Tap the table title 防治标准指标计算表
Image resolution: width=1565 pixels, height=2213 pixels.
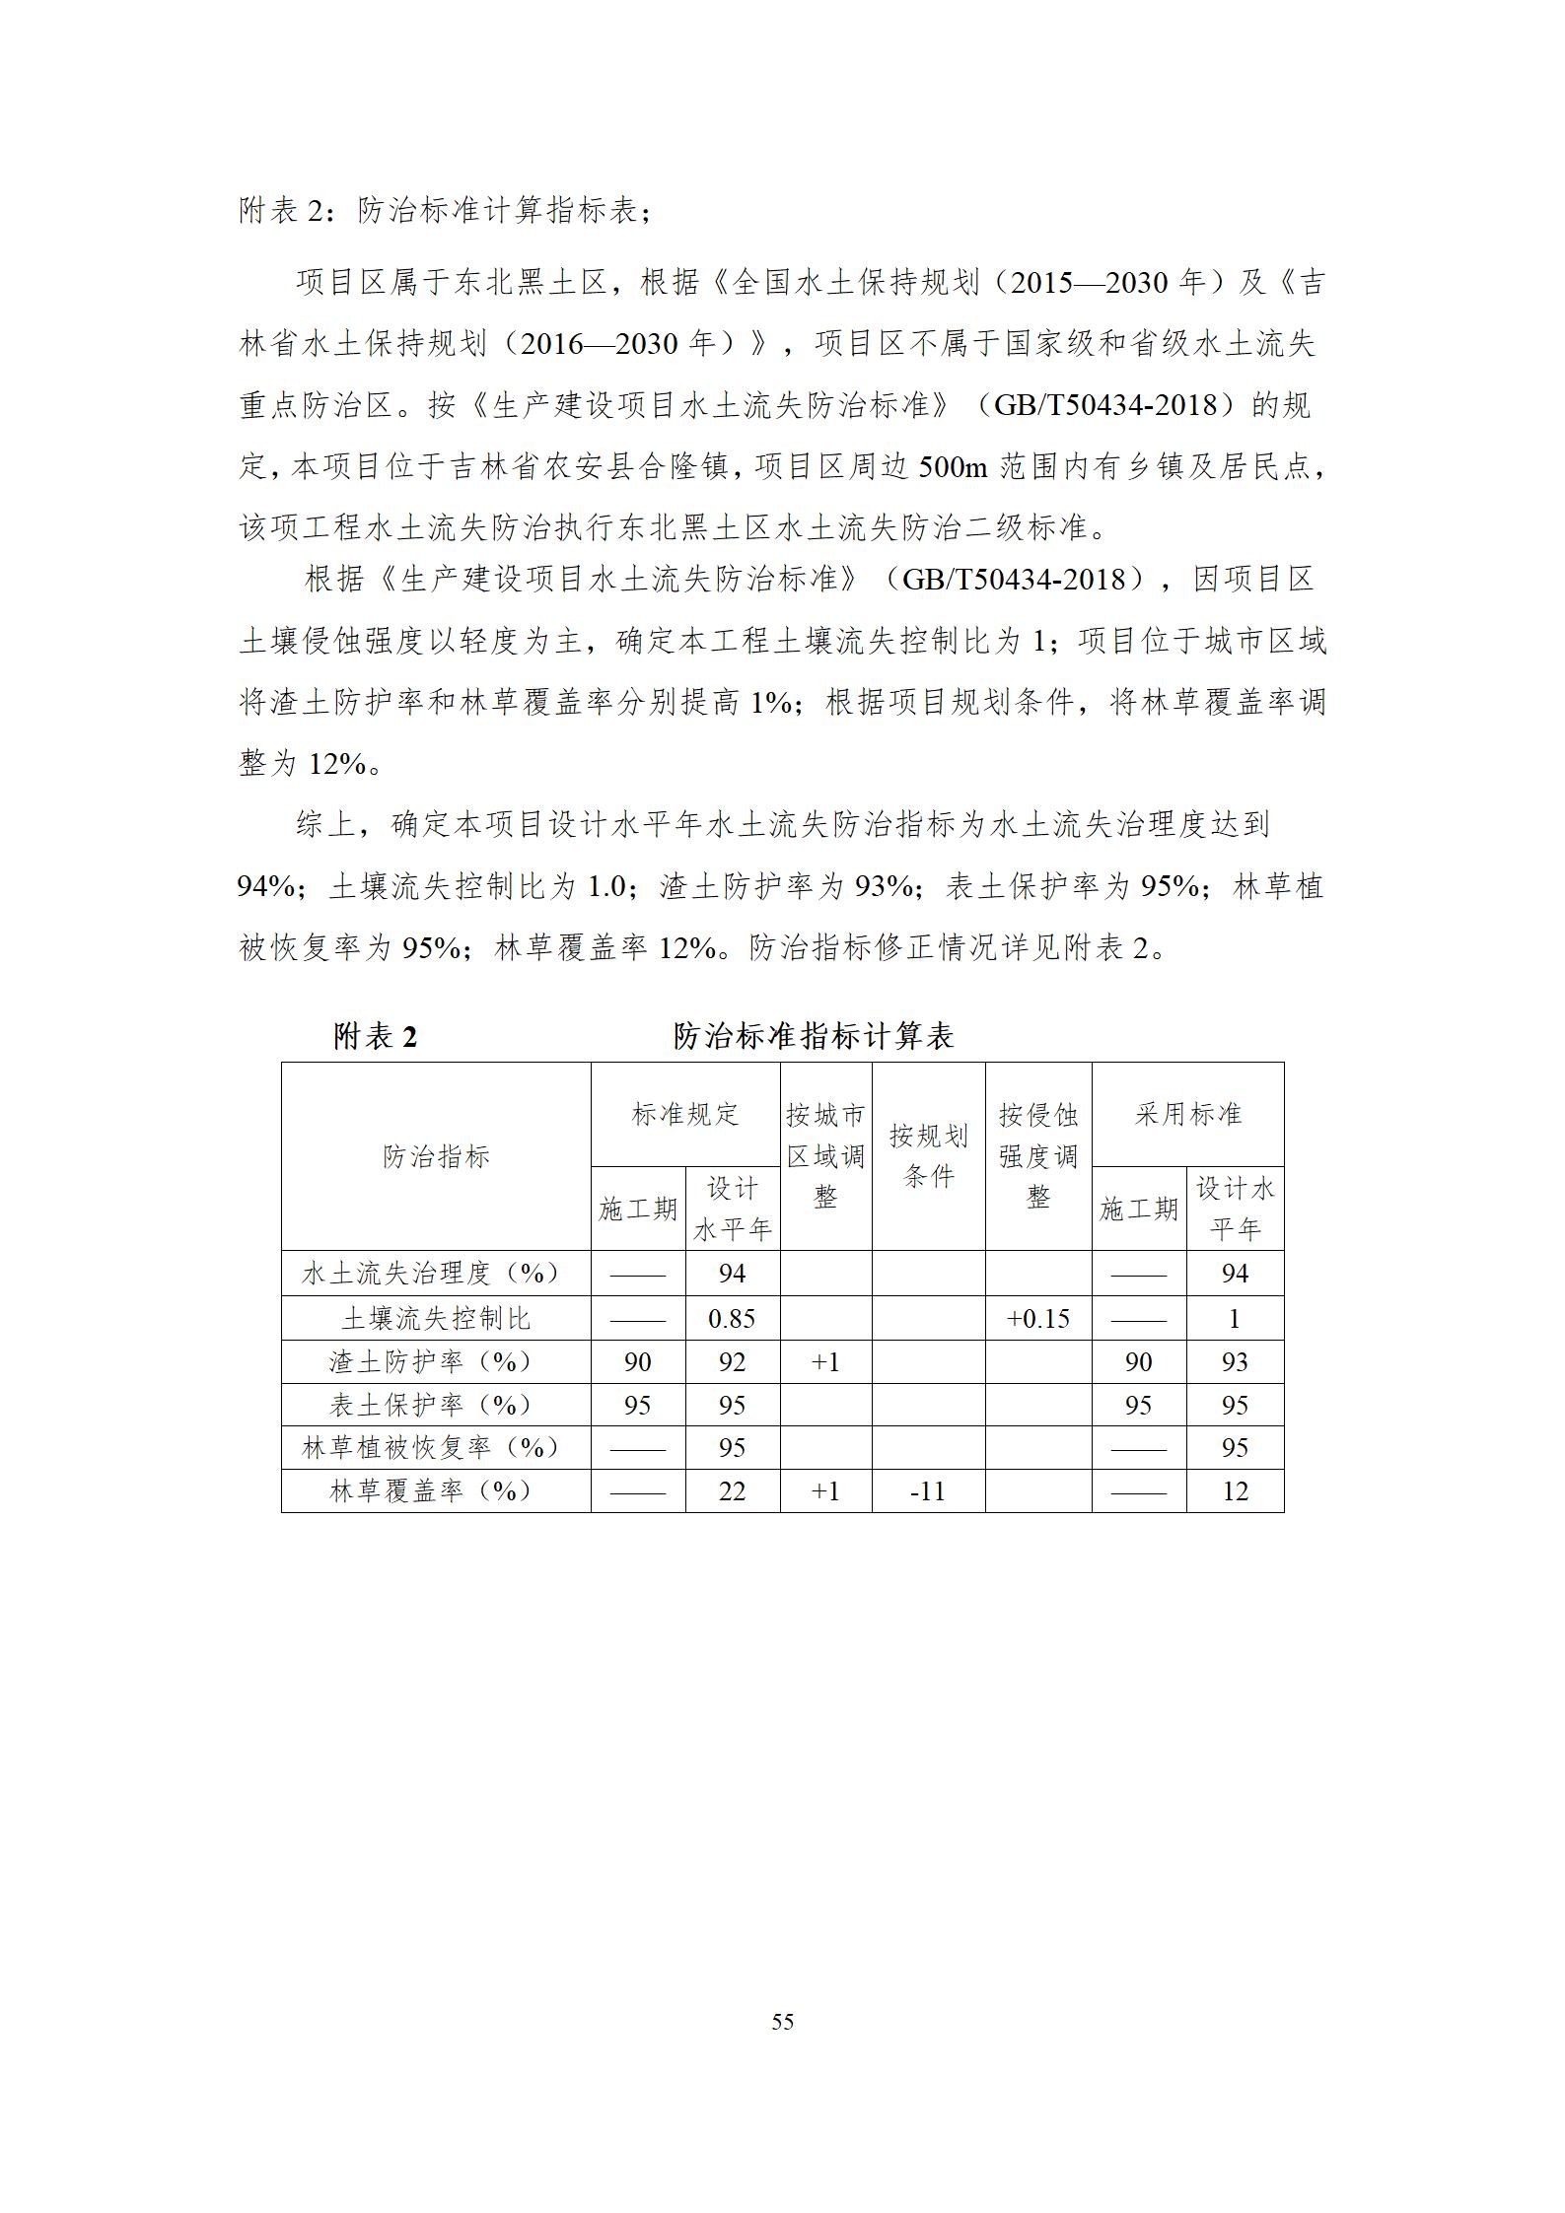(813, 1036)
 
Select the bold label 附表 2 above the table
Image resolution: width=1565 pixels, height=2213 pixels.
(376, 1036)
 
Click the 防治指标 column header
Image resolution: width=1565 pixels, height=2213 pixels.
(436, 1156)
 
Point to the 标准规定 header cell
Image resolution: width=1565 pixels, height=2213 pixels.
(685, 1114)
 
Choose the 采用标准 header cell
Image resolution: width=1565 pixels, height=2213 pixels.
(1187, 1114)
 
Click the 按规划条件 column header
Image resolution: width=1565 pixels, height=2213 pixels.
(928, 1156)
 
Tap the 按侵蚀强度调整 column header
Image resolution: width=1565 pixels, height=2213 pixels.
(1038, 1156)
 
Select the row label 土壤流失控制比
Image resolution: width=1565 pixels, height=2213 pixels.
(436, 1318)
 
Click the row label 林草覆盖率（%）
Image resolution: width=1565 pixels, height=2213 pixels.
(436, 1490)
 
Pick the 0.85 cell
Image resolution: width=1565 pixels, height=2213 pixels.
(732, 1318)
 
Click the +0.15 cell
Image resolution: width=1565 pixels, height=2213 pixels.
(1038, 1318)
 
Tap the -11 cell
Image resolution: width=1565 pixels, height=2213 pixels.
(928, 1490)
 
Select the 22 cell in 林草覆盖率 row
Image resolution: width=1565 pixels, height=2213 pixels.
(732, 1490)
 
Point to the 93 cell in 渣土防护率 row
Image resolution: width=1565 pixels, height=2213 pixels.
(1235, 1361)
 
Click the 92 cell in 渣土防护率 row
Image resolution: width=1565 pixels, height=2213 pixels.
(732, 1361)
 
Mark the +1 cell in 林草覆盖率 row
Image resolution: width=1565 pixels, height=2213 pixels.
(825, 1490)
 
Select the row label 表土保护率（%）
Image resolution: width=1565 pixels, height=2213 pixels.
(436, 1405)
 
